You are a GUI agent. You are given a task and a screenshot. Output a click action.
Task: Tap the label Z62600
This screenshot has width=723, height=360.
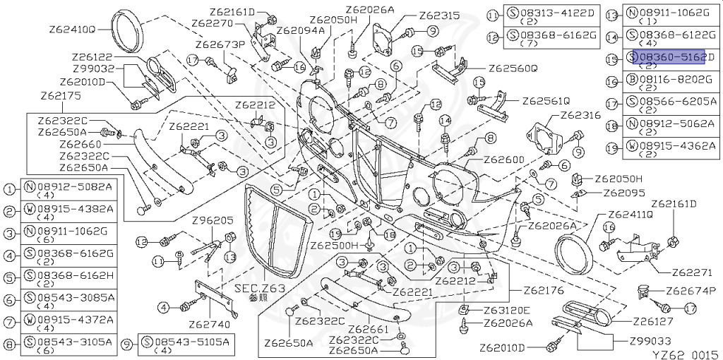click(503, 160)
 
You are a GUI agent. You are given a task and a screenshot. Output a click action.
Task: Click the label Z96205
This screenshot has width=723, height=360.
click(212, 220)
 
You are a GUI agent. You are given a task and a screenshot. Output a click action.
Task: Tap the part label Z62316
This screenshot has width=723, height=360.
click(580, 115)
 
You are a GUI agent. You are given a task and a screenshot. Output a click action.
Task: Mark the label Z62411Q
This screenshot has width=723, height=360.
click(631, 214)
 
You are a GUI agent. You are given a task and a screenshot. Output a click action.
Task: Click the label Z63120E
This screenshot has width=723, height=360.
click(507, 310)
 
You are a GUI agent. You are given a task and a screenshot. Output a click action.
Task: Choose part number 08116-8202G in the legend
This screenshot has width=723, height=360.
click(676, 80)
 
